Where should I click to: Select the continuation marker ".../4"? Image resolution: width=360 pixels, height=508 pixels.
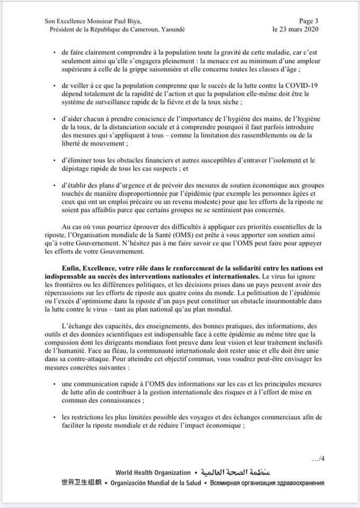317,459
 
